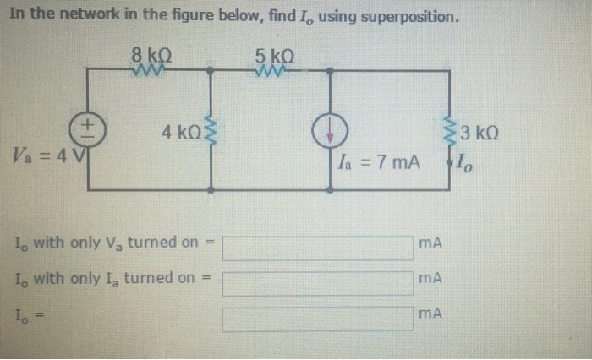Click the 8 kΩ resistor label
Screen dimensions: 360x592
coord(153,56)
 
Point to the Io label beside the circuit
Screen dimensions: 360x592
coord(464,160)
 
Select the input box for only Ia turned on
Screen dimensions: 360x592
coord(317,281)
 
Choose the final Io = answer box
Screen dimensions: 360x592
coord(317,318)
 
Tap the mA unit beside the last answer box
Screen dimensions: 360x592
coord(431,313)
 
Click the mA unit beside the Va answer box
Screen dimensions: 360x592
coord(431,243)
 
